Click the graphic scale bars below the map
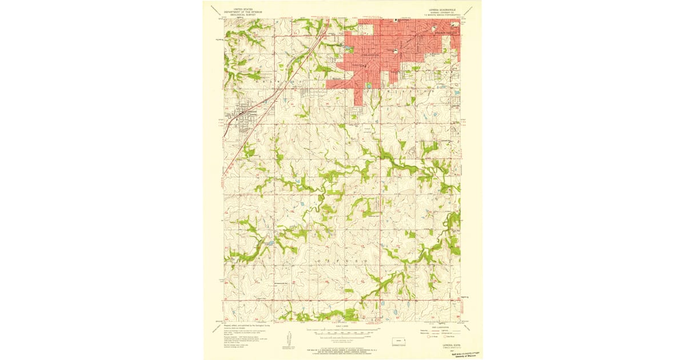[343, 331]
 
